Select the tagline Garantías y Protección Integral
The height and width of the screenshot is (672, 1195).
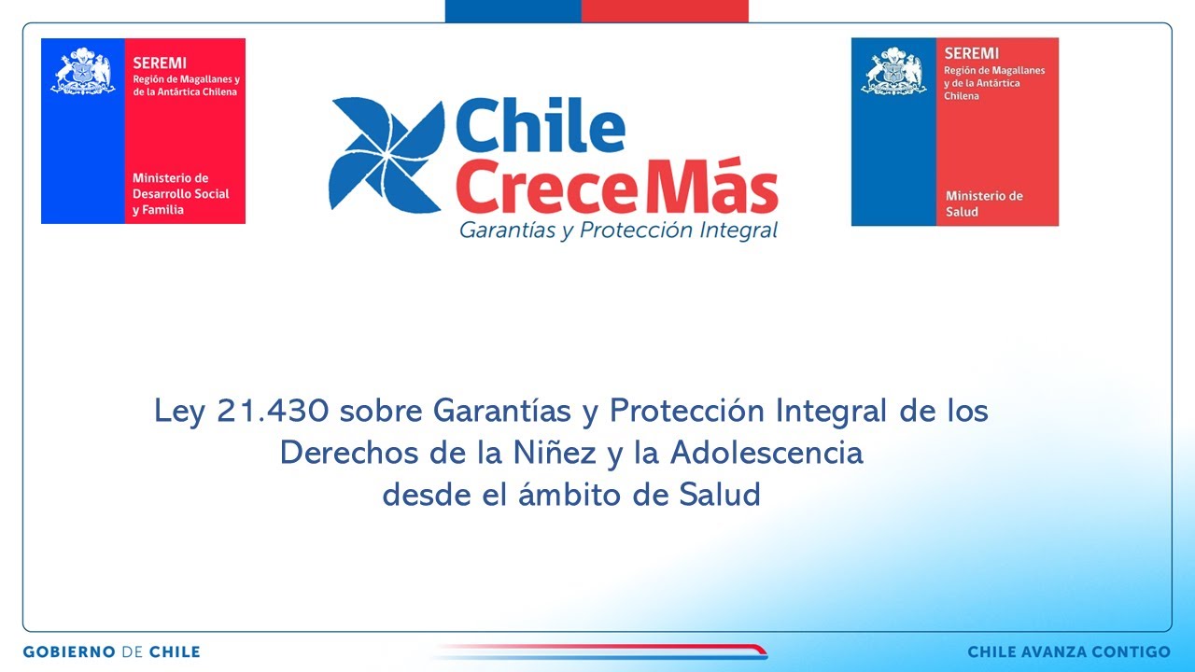click(618, 231)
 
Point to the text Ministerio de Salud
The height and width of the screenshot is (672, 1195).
click(984, 203)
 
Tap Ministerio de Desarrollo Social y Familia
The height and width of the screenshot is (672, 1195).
click(180, 193)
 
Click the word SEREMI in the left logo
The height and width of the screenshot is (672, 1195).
click(160, 63)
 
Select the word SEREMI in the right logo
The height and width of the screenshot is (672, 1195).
click(971, 54)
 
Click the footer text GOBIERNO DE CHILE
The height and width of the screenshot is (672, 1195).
click(111, 651)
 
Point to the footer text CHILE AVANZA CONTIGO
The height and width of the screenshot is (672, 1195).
click(1068, 651)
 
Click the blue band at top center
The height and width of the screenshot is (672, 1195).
click(513, 10)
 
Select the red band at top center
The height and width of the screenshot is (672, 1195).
click(664, 10)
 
